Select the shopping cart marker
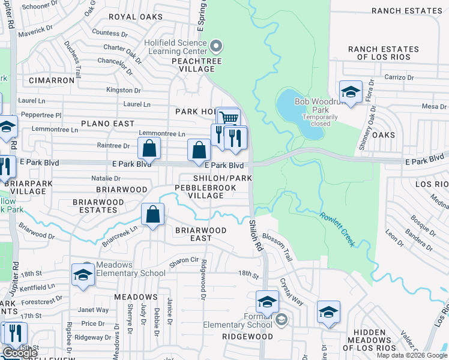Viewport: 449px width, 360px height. [228, 118]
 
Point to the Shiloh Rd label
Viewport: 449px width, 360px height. [256, 234]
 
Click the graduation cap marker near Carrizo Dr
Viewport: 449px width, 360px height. [351, 92]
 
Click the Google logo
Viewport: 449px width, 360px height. [20, 353]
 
